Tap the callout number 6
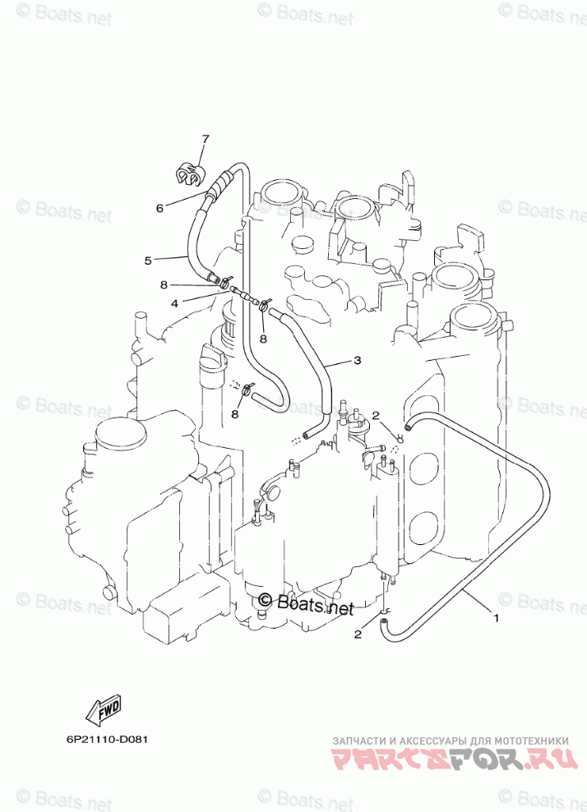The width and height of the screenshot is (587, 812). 160,208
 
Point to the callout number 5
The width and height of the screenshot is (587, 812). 148,261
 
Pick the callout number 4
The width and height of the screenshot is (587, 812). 174,303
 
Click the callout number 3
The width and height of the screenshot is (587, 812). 357,360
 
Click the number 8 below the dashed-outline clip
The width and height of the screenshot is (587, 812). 234,413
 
